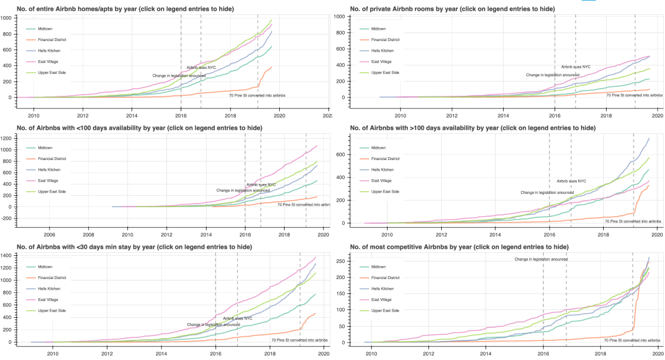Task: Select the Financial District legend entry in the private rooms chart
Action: [x=385, y=40]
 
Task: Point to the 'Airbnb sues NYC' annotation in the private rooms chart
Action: [x=576, y=67]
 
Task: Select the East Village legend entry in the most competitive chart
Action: [x=381, y=300]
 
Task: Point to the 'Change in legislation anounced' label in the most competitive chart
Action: [x=541, y=259]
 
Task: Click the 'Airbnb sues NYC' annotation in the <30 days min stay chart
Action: [x=238, y=318]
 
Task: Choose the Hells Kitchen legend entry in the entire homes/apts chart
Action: [x=49, y=51]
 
